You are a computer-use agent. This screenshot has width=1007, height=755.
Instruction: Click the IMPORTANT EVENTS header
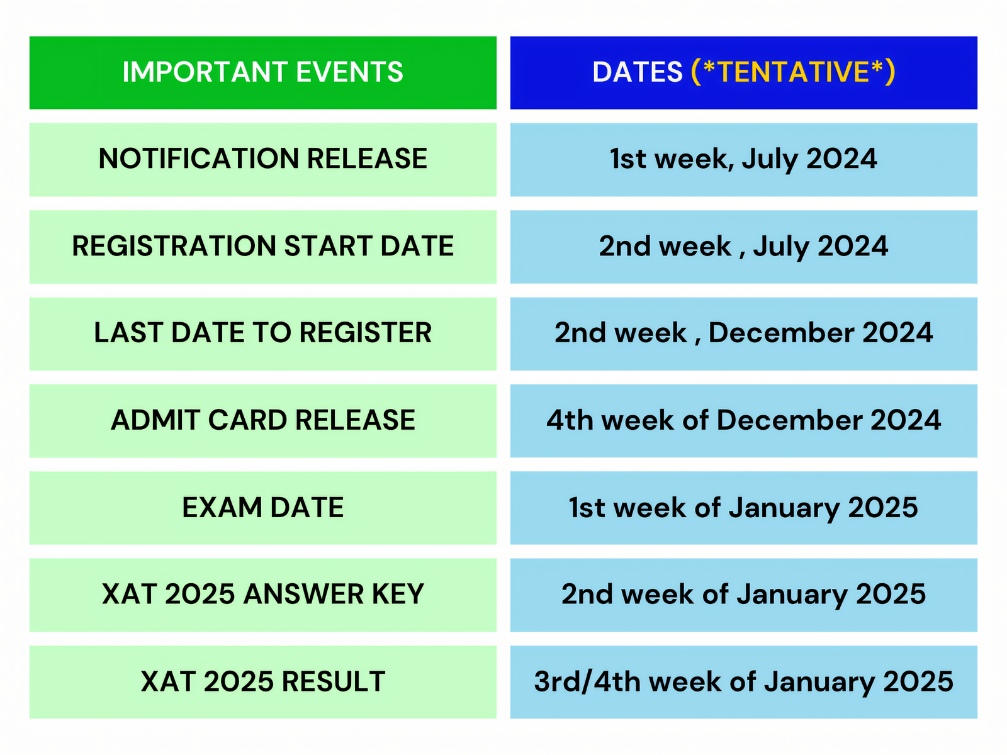tap(262, 72)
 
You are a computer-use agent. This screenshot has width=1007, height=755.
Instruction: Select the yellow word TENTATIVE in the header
tap(793, 72)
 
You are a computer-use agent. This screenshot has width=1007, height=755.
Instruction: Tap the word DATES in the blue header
tap(637, 72)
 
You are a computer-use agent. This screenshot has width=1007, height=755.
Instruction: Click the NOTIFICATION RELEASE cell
tap(262, 159)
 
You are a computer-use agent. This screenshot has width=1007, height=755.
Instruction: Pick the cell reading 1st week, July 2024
tap(743, 159)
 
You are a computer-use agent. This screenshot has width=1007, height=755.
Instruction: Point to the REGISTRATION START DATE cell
tap(262, 246)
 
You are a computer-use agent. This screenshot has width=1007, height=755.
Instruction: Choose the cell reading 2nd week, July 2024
tap(743, 246)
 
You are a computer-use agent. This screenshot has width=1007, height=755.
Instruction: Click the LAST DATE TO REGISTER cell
tap(262, 333)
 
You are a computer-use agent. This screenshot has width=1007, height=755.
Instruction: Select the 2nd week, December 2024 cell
tap(743, 333)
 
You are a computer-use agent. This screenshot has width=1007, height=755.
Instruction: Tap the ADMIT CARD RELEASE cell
tap(262, 420)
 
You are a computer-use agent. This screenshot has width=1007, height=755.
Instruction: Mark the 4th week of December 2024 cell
tap(743, 420)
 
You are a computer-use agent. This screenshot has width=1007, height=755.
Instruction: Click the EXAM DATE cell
tap(262, 508)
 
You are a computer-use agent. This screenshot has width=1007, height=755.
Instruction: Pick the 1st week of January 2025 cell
tap(743, 508)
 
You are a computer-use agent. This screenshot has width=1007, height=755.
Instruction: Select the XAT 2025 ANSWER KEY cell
tap(262, 595)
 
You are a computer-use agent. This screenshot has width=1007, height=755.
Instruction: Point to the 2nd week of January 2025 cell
tap(743, 595)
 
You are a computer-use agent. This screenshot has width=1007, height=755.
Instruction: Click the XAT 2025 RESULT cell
tap(262, 682)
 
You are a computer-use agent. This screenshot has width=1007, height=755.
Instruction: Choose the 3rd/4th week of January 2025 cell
tap(743, 682)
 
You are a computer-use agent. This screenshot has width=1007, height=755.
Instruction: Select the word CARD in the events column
tap(247, 420)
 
